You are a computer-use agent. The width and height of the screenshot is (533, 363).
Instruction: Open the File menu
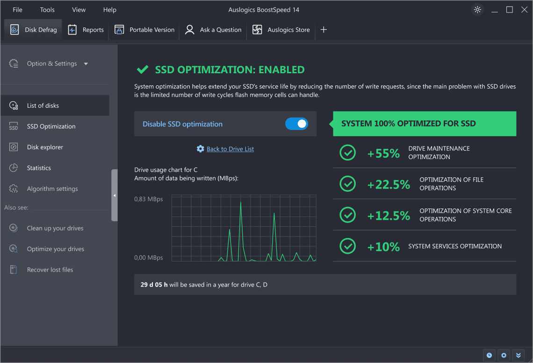tap(17, 10)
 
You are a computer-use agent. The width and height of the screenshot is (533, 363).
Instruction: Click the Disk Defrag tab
tap(34, 30)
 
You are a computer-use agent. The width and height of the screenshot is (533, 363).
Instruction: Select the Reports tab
tap(86, 30)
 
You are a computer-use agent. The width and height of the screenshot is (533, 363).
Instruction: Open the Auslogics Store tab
tap(281, 30)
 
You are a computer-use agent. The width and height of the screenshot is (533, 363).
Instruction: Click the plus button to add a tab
tap(324, 30)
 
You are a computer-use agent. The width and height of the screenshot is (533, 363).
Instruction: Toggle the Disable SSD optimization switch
tap(296, 124)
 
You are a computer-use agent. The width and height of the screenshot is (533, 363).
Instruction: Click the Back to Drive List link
tap(230, 149)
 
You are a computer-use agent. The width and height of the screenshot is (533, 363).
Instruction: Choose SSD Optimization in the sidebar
tap(51, 126)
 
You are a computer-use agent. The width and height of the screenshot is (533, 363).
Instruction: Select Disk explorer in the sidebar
tap(45, 147)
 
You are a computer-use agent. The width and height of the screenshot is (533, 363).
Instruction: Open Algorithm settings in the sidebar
tap(52, 189)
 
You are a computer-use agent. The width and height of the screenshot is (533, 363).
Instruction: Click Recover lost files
tap(50, 270)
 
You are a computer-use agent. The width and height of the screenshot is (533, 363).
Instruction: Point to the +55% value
tap(383, 153)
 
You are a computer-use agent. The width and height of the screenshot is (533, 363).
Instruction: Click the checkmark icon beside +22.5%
tap(347, 184)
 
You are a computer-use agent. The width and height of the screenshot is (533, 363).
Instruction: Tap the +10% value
tap(383, 246)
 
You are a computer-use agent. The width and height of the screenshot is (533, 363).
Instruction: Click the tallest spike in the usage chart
tap(240, 202)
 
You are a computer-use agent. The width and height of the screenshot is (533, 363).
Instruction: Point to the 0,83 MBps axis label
tap(149, 199)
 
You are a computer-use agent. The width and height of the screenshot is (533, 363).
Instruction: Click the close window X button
tap(524, 10)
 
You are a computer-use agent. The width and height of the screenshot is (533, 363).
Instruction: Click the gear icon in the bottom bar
tap(504, 355)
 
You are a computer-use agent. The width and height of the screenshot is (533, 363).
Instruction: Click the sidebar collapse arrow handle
tap(115, 195)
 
